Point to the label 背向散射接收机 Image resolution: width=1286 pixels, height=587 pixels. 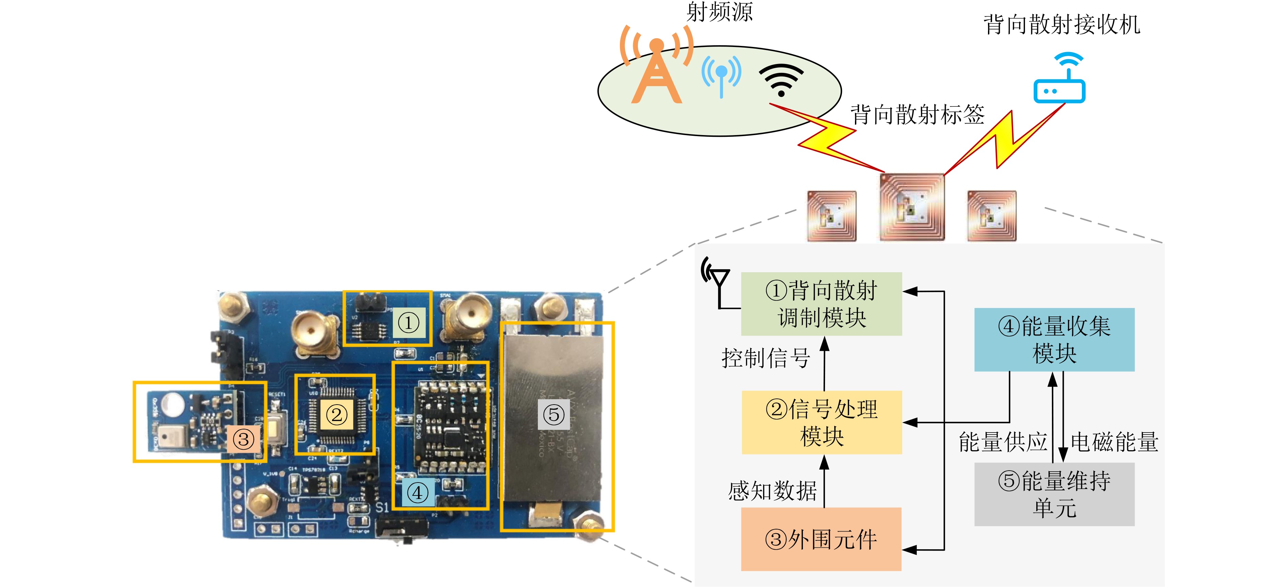(1062, 25)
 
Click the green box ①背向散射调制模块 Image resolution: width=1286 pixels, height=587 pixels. (821, 304)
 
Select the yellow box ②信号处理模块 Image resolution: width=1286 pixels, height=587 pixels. (821, 422)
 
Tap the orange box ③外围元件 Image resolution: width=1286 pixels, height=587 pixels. (821, 539)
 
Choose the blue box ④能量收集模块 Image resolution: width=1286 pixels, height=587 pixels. (1054, 339)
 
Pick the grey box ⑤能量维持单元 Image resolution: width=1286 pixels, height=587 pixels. (1054, 494)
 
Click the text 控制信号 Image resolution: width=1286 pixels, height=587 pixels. (765, 358)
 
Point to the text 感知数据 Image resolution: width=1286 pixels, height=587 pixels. (772, 491)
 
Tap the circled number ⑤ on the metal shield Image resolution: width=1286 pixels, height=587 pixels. (553, 414)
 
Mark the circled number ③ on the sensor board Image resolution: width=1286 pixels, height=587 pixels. (244, 440)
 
